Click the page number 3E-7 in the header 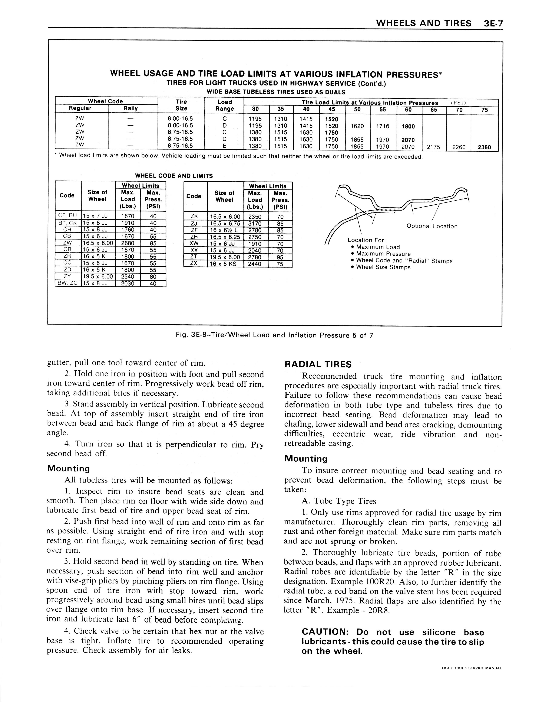[492, 23]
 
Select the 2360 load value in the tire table [484, 147]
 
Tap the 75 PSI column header [485, 110]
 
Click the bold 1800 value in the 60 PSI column [408, 126]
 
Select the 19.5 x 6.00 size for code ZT [225, 257]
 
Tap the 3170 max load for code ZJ [255, 223]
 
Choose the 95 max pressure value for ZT [280, 257]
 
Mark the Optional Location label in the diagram [432, 226]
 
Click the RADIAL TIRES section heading [318, 364]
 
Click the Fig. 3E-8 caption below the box [274, 335]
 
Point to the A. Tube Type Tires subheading [339, 501]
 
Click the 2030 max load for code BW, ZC [128, 283]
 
